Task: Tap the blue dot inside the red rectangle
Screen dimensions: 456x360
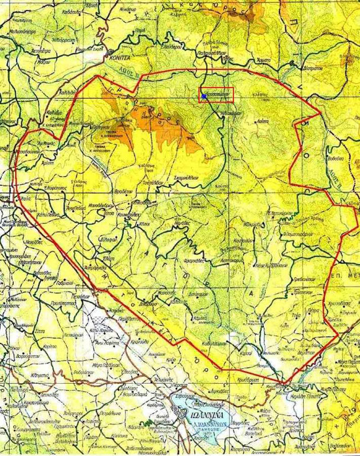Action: coord(204,95)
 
